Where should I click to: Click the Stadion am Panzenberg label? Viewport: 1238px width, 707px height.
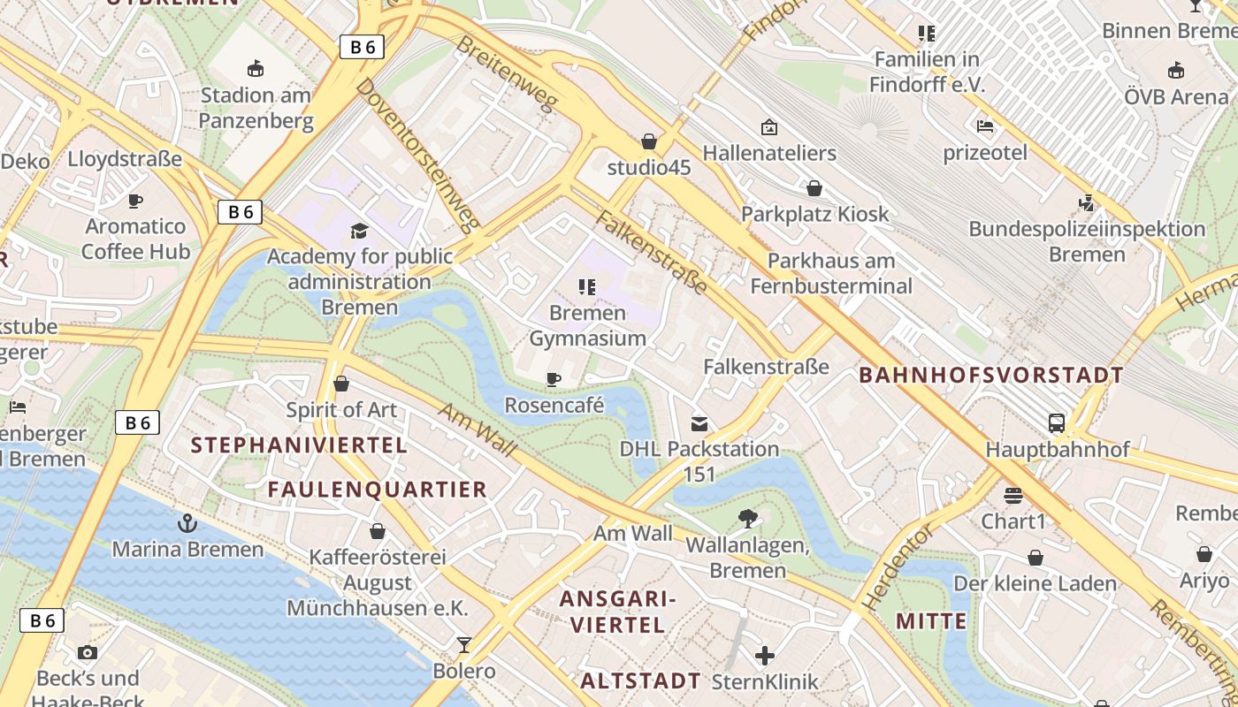[x=256, y=107]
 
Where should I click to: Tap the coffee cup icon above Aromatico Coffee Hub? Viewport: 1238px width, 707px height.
[x=135, y=201]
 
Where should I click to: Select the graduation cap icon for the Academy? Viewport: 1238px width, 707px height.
[x=359, y=232]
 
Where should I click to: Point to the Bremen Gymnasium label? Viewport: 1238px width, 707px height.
[x=587, y=325]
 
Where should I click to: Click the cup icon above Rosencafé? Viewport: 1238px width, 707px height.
[x=554, y=380]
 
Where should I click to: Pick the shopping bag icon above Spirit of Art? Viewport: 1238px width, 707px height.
[x=341, y=384]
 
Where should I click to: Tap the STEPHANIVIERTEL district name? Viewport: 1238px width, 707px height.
[x=299, y=445]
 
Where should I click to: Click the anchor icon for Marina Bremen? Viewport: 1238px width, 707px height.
[x=187, y=523]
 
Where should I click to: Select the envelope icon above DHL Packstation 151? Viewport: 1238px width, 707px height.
[x=699, y=423]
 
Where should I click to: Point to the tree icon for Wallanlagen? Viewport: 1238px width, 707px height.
[x=748, y=519]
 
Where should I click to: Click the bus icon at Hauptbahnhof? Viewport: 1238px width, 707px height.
[x=1057, y=423]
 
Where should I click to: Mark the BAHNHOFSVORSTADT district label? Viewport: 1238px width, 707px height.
[x=990, y=375]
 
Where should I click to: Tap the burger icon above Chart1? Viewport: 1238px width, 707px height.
[x=1013, y=495]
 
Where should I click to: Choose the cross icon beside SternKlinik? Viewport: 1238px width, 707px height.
[x=766, y=656]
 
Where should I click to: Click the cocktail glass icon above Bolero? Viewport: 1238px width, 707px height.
[x=464, y=645]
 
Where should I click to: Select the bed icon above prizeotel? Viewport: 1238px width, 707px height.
[x=985, y=126]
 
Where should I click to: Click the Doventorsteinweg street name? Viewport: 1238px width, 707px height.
[x=418, y=155]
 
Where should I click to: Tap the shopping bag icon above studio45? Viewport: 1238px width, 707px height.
[x=649, y=141]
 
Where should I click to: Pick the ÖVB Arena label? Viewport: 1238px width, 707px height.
[x=1176, y=96]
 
